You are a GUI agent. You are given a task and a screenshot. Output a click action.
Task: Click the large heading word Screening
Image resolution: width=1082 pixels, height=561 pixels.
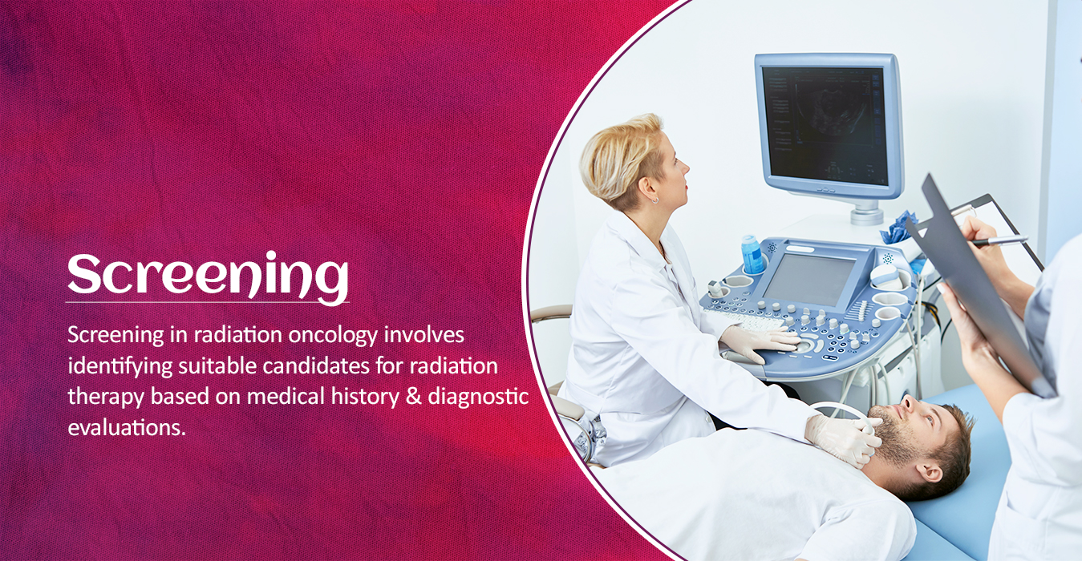208,276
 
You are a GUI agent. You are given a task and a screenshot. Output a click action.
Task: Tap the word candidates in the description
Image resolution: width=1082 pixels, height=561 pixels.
316,366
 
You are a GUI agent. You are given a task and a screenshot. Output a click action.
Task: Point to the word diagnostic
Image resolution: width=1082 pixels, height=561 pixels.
478,398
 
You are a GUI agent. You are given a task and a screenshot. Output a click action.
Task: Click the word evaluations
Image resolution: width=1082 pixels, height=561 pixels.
127,428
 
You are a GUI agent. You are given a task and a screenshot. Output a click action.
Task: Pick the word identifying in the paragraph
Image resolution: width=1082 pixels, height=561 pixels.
120,367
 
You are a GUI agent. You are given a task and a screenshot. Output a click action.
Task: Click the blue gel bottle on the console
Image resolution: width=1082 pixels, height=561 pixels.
752,254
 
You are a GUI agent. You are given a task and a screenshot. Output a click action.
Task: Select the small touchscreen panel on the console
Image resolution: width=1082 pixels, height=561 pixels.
809,280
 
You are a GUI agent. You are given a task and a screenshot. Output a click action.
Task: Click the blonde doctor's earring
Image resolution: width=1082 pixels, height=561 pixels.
654,200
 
